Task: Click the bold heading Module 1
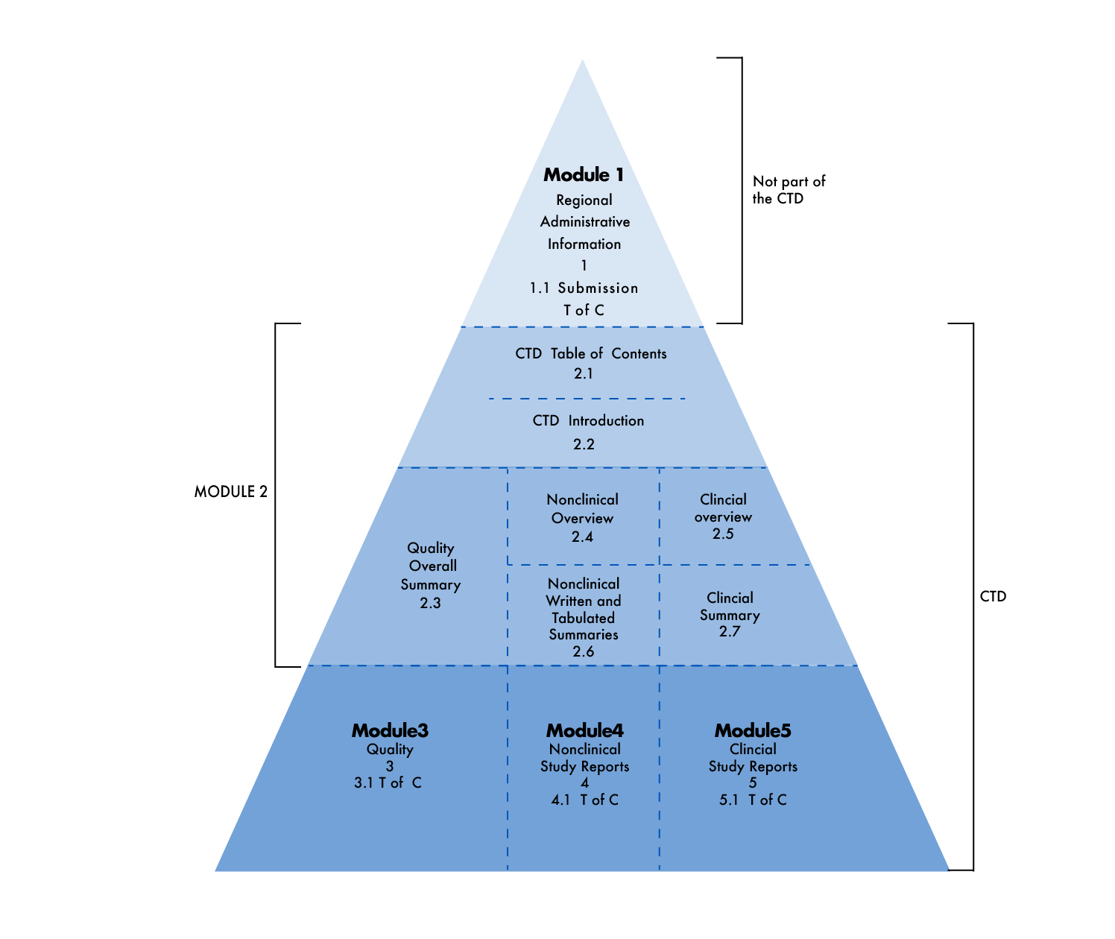pos(583,174)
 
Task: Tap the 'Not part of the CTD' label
pos(789,189)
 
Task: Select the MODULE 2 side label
pos(231,491)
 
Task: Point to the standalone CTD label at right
pos(993,596)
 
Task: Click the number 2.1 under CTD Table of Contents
pos(583,373)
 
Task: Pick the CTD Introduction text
pos(588,420)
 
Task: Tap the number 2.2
pos(584,444)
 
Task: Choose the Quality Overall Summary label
pos(430,566)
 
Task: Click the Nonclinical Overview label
pos(582,508)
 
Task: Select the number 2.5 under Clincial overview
pos(723,534)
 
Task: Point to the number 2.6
pos(583,651)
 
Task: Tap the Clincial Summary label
pos(730,606)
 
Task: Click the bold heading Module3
pos(390,730)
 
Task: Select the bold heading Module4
pos(585,730)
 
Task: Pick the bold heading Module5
pos(753,730)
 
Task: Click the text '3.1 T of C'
pos(388,782)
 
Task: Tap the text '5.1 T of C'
pos(753,800)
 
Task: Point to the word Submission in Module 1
pos(598,288)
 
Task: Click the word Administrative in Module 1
pos(585,221)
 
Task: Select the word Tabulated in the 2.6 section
pos(583,618)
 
